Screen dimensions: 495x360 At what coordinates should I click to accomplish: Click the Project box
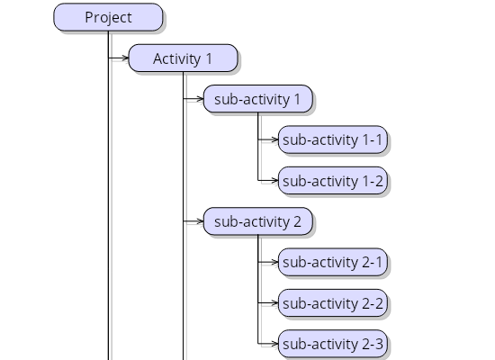108,17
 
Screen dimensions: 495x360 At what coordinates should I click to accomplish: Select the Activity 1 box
183,58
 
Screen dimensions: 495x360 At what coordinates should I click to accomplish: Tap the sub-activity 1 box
258,99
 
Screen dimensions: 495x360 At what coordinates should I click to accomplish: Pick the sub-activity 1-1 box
333,139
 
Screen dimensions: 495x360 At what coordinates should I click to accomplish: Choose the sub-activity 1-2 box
333,181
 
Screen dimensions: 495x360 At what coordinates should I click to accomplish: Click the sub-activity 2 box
258,221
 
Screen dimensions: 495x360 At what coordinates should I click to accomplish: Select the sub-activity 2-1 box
333,262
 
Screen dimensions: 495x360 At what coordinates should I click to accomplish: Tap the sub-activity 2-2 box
333,303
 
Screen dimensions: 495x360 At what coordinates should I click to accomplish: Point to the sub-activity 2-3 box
333,344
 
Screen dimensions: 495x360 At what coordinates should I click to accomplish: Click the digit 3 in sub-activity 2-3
379,344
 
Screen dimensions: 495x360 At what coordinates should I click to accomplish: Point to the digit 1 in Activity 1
209,58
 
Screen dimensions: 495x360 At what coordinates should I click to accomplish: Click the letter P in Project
89,17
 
